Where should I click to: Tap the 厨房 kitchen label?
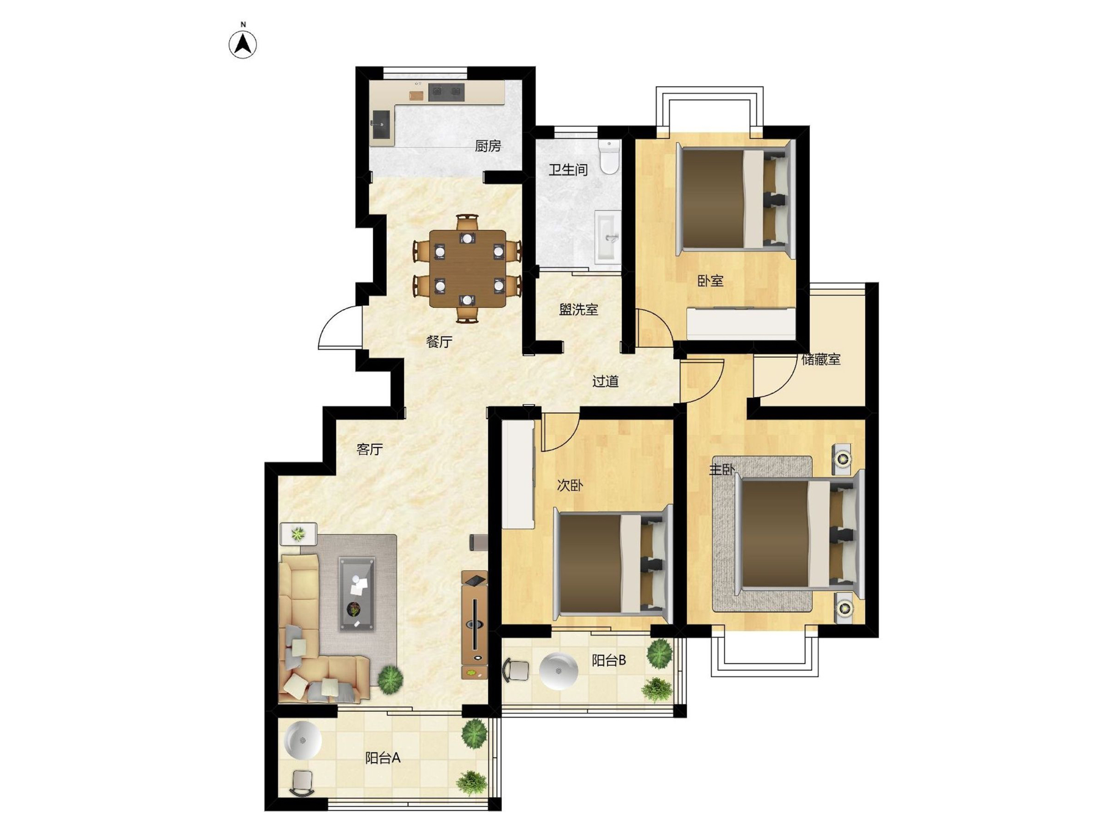click(x=488, y=146)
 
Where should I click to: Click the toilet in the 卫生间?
click(x=609, y=157)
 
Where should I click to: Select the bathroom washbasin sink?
click(x=608, y=237)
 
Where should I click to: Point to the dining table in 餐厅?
click(x=468, y=269)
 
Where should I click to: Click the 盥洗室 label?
click(x=578, y=310)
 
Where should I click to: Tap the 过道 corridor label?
click(x=605, y=381)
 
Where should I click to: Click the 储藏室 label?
click(x=821, y=360)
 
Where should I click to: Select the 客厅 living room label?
click(x=370, y=449)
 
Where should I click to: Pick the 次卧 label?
click(x=570, y=485)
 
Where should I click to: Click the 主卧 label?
click(x=722, y=470)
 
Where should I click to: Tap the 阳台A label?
click(x=383, y=758)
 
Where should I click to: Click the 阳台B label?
click(x=609, y=660)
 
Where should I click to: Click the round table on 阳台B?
click(x=559, y=671)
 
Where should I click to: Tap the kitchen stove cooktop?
click(x=446, y=92)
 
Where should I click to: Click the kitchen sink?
click(x=381, y=124)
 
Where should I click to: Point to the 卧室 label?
click(x=710, y=281)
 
